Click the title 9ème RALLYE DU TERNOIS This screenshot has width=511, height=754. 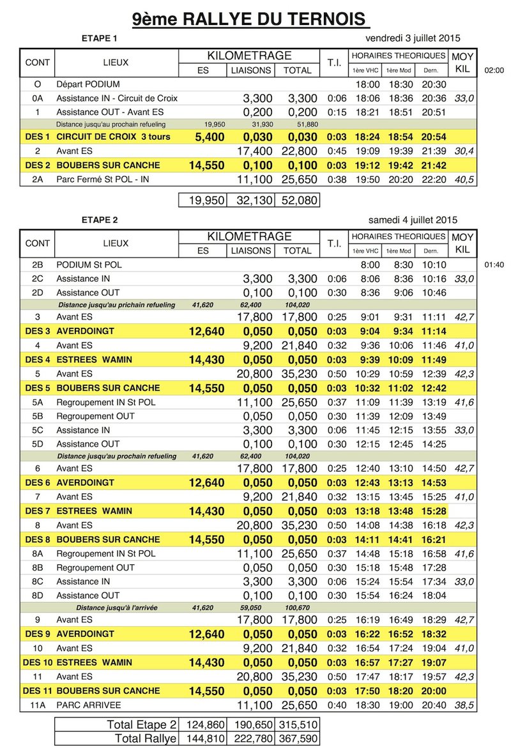tap(251, 19)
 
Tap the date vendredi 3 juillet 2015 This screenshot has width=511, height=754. tap(408, 38)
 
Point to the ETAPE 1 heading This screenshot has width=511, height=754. tap(100, 38)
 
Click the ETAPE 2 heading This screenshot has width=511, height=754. tap(100, 220)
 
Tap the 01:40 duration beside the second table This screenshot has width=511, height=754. tap(494, 264)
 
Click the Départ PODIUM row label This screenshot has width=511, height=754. tap(88, 84)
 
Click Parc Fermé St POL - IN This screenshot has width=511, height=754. tap(103, 180)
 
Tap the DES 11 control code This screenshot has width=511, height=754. tap(37, 691)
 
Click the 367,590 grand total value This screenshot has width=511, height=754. tap(296, 739)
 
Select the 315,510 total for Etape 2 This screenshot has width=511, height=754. tap(296, 725)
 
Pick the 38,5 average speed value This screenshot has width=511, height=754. tap(463, 705)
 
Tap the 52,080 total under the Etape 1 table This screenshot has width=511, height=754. tap(296, 201)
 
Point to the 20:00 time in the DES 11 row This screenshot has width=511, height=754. tap(434, 691)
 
